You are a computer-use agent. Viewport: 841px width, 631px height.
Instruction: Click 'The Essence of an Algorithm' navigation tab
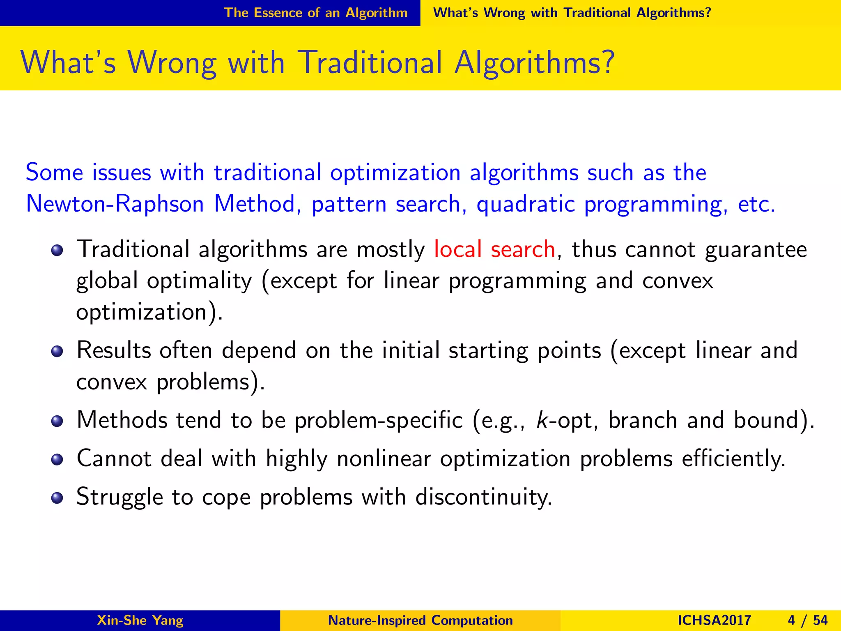pyautogui.click(x=315, y=13)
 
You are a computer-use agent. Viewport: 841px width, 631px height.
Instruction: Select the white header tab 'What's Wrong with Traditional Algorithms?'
pyautogui.click(x=572, y=13)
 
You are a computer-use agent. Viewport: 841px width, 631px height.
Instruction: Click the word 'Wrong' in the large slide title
pyautogui.click(x=172, y=63)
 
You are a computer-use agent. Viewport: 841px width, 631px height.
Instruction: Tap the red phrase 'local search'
pyautogui.click(x=494, y=249)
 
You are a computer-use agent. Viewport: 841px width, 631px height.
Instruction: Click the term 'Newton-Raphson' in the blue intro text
pyautogui.click(x=115, y=204)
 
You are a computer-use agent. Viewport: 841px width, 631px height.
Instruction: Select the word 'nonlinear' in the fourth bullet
pyautogui.click(x=384, y=458)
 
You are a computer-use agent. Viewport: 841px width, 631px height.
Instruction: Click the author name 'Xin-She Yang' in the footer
pyautogui.click(x=140, y=620)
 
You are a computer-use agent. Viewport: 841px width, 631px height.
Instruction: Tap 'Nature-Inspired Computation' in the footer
pyautogui.click(x=420, y=620)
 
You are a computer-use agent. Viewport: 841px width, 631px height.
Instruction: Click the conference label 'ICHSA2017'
pyautogui.click(x=714, y=620)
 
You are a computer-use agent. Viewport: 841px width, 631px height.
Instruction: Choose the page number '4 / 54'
pyautogui.click(x=808, y=620)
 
